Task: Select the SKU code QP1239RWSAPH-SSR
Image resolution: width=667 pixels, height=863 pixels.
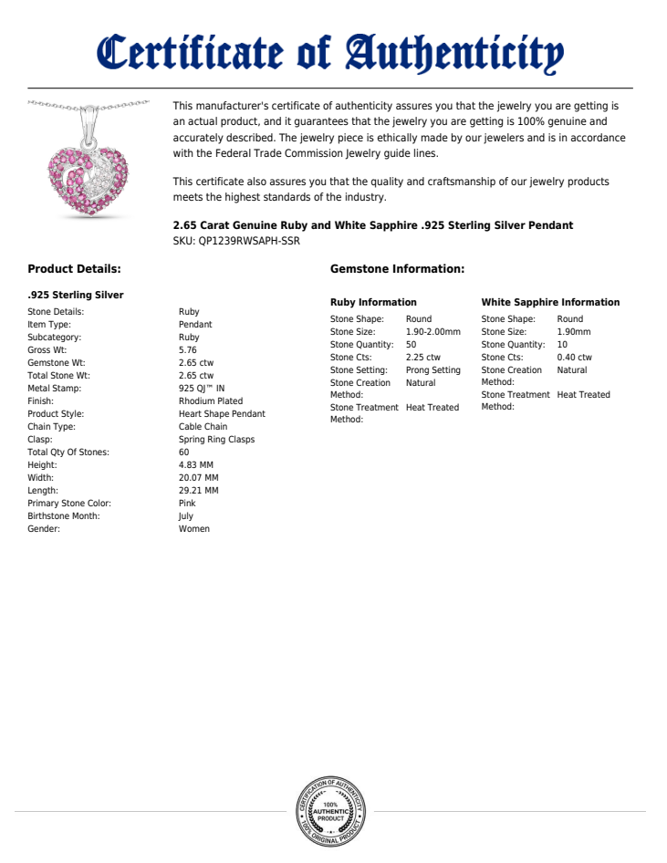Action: [x=249, y=242]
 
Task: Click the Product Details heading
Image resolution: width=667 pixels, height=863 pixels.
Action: [x=74, y=269]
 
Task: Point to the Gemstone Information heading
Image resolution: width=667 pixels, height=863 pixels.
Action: [x=397, y=269]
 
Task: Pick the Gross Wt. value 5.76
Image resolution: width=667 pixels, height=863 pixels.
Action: [x=188, y=350]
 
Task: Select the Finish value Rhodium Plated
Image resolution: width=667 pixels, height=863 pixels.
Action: [x=211, y=401]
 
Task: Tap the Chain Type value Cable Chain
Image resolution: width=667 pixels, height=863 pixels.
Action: [x=203, y=427]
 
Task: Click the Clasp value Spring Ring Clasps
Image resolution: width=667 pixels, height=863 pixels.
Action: [x=217, y=440]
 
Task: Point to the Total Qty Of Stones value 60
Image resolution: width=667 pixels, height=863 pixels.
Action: [x=184, y=452]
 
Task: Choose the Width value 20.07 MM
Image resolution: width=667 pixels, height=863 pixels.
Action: [x=199, y=478]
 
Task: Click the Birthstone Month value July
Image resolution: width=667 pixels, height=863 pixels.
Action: [x=186, y=516]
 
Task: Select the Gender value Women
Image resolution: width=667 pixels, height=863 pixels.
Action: [x=194, y=529]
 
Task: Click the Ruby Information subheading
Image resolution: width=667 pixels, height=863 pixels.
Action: [x=373, y=302]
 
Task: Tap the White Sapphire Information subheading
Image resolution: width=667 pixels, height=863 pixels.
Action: [x=550, y=302]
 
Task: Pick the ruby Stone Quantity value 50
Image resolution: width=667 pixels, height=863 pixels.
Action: [x=412, y=345]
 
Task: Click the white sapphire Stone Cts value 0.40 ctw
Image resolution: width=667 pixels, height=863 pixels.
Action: [x=574, y=358]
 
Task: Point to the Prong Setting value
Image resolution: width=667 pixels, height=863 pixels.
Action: [x=433, y=370]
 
